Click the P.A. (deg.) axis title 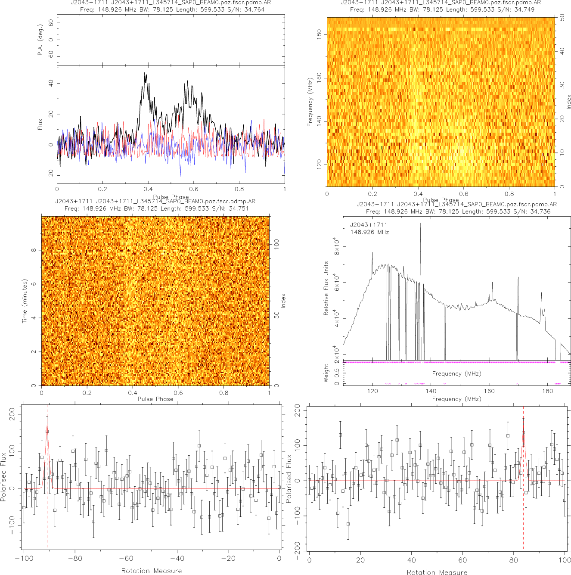[40, 40]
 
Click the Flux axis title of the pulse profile [40, 124]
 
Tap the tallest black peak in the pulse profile [145, 73]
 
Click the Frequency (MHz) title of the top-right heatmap [310, 102]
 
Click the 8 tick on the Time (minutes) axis [34, 250]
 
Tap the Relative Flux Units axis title [326, 288]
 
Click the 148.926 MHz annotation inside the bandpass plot [369, 232]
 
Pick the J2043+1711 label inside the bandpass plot [369, 225]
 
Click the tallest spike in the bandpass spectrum [421, 224]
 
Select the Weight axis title [326, 373]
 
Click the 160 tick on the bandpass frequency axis [489, 391]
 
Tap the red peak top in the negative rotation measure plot [47, 428]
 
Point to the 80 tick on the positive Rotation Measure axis [513, 560]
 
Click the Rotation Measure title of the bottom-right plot [437, 572]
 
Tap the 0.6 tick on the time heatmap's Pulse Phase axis [178, 392]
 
